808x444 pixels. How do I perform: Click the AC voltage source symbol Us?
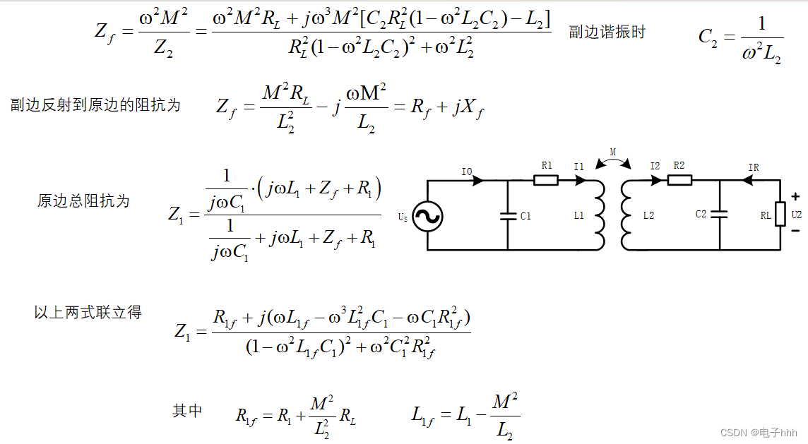[x=427, y=217]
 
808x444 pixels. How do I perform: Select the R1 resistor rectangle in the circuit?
[x=546, y=180]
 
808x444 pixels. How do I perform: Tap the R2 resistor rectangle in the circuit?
[x=679, y=180]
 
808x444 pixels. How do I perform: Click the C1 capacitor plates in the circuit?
[x=508, y=216]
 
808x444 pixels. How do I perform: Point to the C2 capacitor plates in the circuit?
[x=720, y=215]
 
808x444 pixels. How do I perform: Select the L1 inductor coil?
[x=600, y=215]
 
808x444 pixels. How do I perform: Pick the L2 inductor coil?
[x=626, y=215]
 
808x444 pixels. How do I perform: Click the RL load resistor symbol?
[x=780, y=213]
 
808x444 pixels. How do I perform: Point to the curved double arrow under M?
[x=612, y=162]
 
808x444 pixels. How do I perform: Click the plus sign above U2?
[x=795, y=197]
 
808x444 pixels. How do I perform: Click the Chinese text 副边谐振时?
[x=607, y=32]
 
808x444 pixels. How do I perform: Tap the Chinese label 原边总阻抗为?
[x=83, y=201]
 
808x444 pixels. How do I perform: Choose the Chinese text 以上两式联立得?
[x=88, y=312]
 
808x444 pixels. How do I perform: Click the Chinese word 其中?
[x=187, y=411]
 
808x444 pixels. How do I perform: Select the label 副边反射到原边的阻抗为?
[x=95, y=105]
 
